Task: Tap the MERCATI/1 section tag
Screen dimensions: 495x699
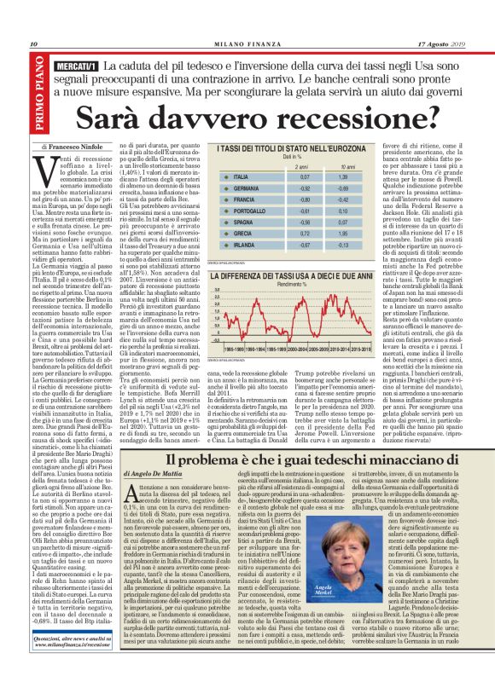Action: point(76,65)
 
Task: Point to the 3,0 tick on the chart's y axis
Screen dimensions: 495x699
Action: point(217,291)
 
